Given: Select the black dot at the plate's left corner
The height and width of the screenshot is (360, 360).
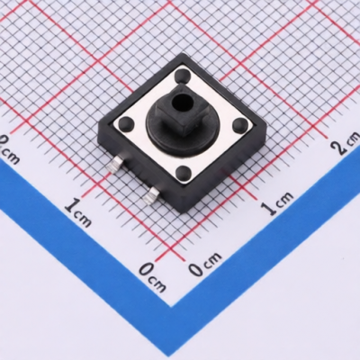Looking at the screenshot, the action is pos(125,123).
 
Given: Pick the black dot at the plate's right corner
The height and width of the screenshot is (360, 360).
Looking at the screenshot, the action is pos(239,124).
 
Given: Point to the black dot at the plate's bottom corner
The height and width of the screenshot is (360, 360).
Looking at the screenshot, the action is pos(183,173).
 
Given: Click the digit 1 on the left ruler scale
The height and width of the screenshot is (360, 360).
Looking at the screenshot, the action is pos(72,205).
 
